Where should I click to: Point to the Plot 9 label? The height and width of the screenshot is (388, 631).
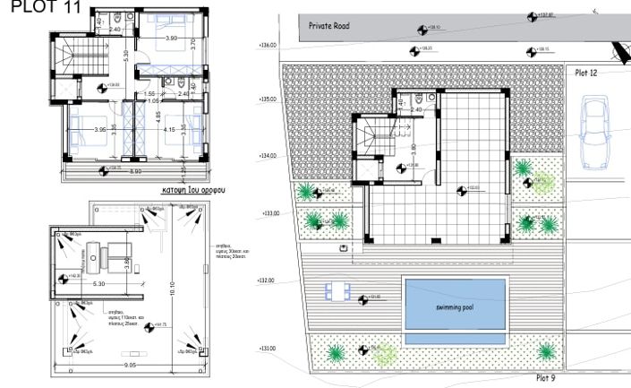[x=544, y=378]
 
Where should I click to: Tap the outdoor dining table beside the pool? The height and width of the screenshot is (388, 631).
[x=337, y=291]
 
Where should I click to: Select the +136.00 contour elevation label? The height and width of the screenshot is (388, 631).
[x=268, y=44]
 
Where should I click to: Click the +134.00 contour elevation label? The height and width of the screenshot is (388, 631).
[x=268, y=156]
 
